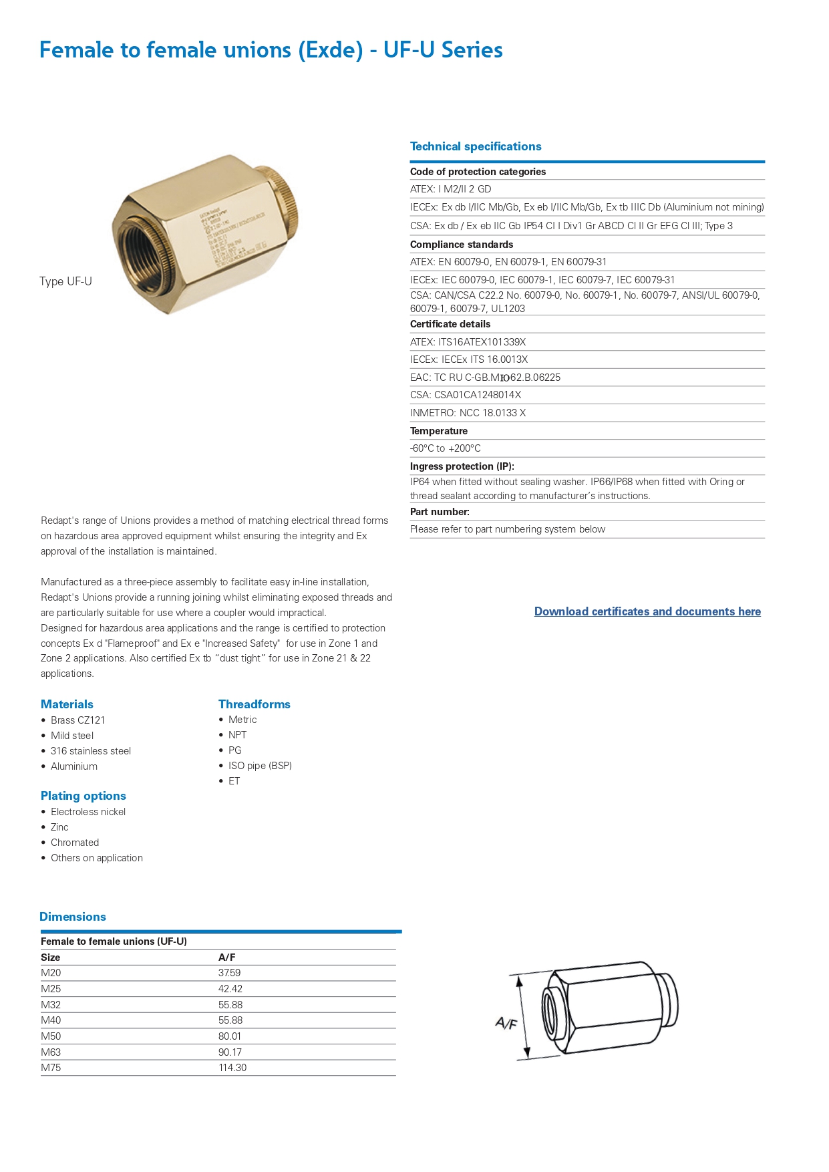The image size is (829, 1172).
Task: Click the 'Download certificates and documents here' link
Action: coord(647,611)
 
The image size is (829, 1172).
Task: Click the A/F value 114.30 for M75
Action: coord(232,1068)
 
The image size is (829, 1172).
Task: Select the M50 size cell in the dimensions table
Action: coord(51,1036)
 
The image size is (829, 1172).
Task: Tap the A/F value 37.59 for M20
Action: coord(229,973)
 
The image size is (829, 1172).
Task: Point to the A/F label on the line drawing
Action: coord(506,1023)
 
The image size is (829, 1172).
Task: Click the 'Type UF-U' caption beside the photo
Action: coord(65,281)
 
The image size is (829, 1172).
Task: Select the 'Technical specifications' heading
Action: coord(476,146)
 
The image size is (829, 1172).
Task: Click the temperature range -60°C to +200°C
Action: coord(446,448)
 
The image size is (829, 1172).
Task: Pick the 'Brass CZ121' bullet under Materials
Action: coord(77,720)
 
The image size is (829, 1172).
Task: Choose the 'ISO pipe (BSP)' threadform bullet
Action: coord(260,766)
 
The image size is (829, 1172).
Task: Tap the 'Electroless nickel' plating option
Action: coord(88,812)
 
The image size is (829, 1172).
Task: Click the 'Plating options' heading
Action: coord(84,796)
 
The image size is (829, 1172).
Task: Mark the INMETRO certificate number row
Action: coord(468,413)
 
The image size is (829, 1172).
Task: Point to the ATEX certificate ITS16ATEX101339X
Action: coord(468,342)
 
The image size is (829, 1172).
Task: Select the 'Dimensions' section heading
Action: coord(73,917)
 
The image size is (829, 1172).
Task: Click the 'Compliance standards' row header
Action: coord(462,245)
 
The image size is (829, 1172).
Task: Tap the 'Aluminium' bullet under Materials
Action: coord(73,766)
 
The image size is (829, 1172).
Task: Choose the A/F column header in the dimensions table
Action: coord(226,958)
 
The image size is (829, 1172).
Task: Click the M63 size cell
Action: coord(51,1052)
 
